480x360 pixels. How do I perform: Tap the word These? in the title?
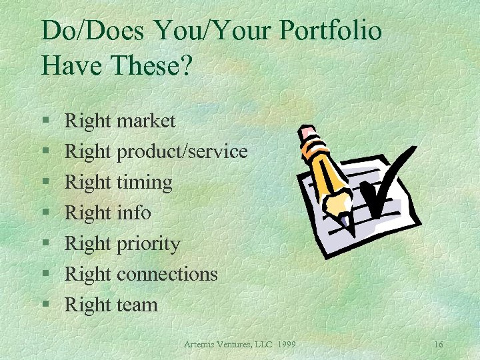[159, 65]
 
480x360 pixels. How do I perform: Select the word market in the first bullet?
[145, 121]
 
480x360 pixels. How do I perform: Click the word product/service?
[182, 152]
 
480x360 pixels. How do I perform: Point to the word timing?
[144, 183]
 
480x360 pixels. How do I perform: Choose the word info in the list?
[133, 213]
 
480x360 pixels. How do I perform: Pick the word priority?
[148, 244]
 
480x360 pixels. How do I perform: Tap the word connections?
[167, 274]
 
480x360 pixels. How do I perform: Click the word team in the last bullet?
[137, 305]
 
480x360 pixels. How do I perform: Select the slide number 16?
[438, 344]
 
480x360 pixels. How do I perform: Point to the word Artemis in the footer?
[201, 344]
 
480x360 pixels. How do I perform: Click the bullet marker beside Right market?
[46, 121]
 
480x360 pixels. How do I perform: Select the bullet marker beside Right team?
[46, 306]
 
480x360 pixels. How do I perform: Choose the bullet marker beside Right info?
[46, 213]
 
